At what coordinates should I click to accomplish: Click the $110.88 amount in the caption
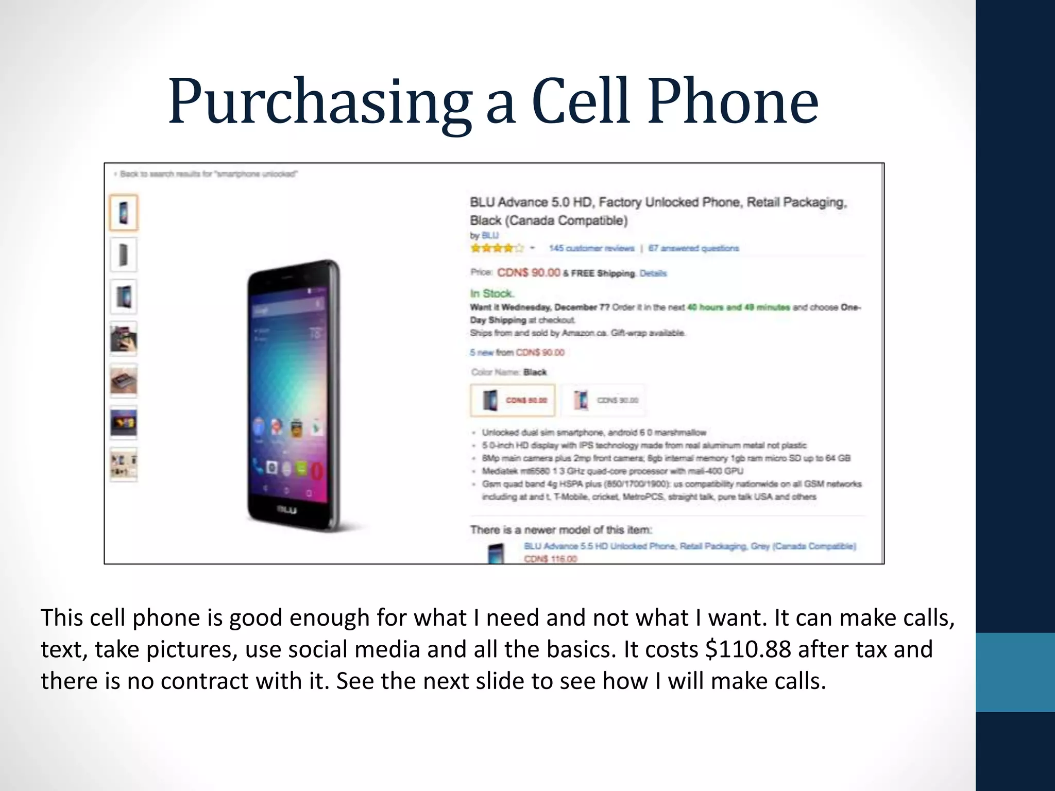747,649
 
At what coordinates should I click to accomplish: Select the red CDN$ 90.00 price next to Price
529,272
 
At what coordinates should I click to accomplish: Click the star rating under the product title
497,248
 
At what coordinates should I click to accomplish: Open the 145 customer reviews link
591,248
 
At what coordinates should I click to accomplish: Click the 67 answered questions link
693,248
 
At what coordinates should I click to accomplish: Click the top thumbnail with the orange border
124,212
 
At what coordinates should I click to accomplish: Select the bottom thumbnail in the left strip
124,465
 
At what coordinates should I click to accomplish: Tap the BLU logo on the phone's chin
287,510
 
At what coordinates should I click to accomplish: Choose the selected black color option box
513,400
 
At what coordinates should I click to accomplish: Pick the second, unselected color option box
603,400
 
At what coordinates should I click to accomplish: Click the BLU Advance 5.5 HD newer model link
690,546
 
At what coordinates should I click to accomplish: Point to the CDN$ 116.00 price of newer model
550,559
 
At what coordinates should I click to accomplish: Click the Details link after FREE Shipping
653,273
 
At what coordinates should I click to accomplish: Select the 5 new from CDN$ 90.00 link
517,352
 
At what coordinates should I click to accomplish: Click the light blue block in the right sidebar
1015,672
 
